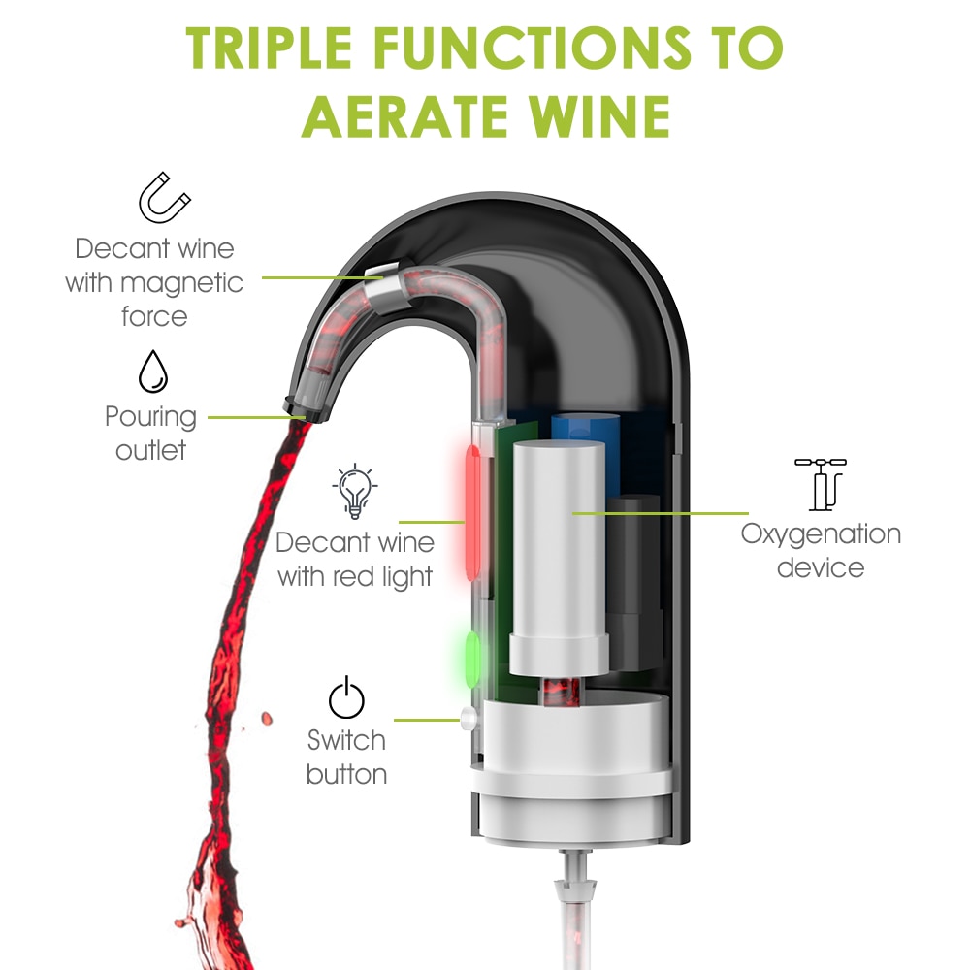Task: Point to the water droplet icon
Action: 152,372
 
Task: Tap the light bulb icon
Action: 355,490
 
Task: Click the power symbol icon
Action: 346,698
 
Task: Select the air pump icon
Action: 820,483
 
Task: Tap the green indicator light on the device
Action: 474,657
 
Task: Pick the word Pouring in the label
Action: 150,417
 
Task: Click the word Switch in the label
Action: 346,741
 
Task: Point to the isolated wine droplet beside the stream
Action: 266,719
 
